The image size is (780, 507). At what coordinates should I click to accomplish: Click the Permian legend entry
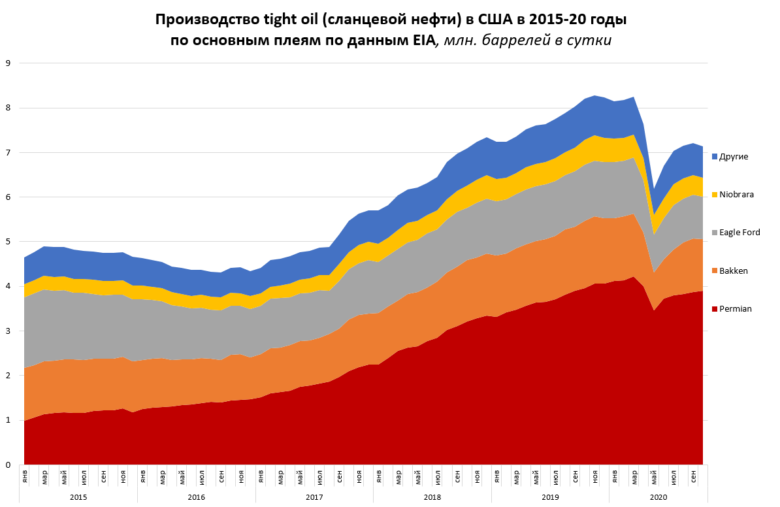click(734, 309)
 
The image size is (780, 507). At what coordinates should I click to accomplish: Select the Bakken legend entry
click(732, 270)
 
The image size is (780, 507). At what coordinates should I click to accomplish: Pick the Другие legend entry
click(734, 156)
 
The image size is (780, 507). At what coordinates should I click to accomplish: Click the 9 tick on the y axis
click(8, 63)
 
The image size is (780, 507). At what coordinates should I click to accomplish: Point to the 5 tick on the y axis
click(8, 242)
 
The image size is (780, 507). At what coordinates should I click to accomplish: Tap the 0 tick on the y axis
click(8, 465)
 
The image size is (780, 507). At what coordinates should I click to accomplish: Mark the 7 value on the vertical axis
click(8, 153)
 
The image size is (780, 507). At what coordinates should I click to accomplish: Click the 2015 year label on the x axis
click(78, 497)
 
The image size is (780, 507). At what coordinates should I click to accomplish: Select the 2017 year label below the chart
click(314, 497)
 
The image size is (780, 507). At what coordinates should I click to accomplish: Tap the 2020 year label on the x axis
click(658, 497)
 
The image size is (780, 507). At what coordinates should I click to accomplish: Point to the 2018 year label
click(432, 497)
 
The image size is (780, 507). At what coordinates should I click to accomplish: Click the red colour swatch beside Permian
click(715, 309)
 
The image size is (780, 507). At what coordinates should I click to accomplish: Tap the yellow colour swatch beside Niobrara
click(715, 195)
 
